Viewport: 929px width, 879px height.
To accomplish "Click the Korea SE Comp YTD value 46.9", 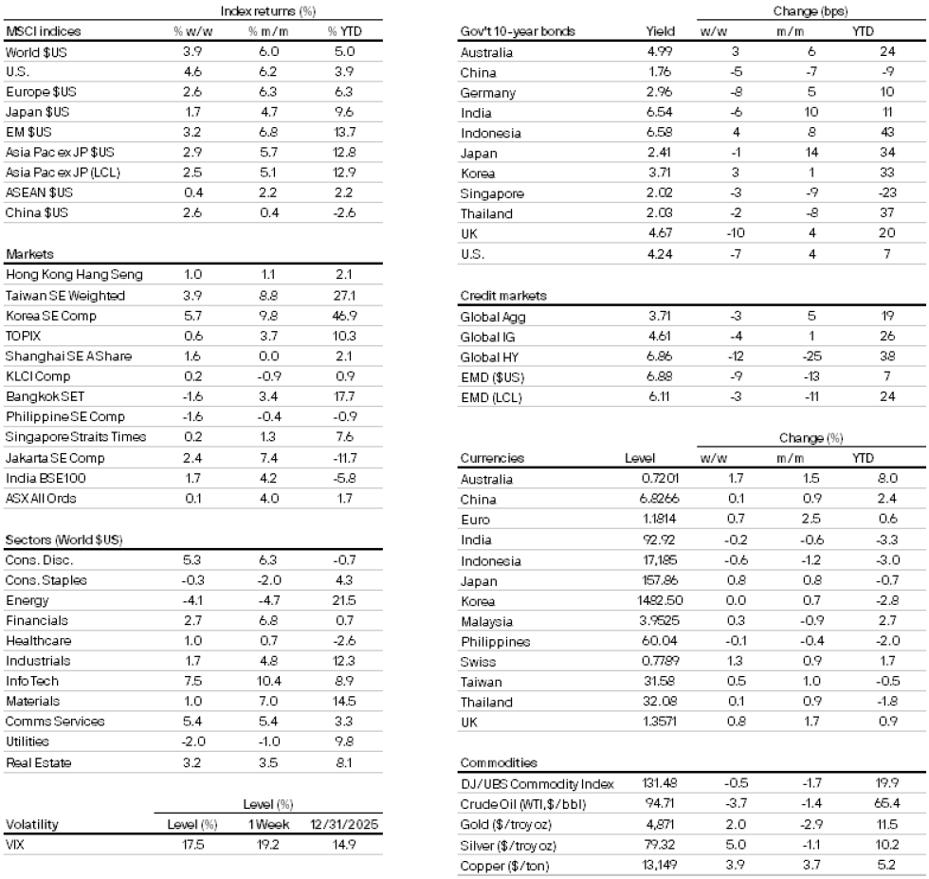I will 345,315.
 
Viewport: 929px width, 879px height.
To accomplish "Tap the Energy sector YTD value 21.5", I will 345,601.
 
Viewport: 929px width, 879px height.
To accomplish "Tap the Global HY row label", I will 485,357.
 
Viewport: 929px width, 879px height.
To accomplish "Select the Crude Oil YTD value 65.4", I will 887,804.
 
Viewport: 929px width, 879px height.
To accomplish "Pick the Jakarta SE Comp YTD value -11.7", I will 345,457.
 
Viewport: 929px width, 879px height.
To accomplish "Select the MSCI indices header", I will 44,31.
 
